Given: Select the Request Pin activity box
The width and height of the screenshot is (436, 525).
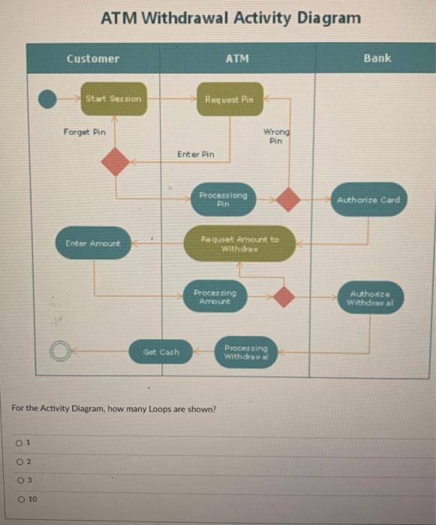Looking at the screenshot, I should (230, 99).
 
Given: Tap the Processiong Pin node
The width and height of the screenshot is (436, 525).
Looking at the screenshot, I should (223, 199).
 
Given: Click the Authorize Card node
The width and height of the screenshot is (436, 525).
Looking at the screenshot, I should (368, 200).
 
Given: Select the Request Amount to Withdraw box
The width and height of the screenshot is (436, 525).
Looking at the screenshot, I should (239, 244).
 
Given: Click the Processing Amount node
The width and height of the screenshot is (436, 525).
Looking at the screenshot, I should (215, 295).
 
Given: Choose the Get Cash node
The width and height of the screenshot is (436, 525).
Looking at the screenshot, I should (162, 351).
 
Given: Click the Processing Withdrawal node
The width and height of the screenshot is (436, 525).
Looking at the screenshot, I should (245, 351).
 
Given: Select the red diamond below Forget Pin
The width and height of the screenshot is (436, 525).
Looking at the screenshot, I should (116, 162).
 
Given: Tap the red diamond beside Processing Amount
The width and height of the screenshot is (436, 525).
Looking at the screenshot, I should (283, 296).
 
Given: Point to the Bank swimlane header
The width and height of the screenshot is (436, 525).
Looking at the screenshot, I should (377, 58).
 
